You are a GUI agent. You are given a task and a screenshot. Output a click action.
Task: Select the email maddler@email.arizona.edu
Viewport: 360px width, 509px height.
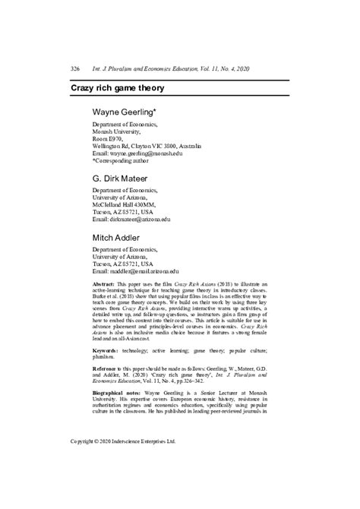coord(135,270)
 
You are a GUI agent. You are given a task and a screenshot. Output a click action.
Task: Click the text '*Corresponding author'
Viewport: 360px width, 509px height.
coord(125,160)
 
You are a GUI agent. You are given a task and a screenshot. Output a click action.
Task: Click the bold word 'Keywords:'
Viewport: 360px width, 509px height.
coord(106,351)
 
